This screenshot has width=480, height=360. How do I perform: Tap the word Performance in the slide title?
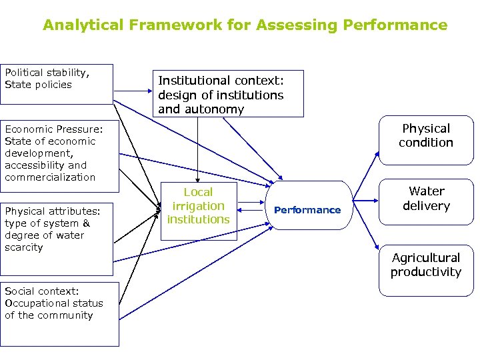395,25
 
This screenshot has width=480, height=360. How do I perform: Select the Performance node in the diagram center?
307,209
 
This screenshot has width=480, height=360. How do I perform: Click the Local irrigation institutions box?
198,206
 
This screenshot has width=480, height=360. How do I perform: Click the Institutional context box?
229,94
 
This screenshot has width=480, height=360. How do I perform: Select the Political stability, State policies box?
56,84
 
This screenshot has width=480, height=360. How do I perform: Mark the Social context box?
59,313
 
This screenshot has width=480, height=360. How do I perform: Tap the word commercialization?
50,177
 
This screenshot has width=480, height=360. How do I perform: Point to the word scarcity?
24,247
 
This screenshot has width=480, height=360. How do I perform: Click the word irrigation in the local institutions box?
198,206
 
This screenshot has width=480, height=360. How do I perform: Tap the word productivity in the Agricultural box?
425,272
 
